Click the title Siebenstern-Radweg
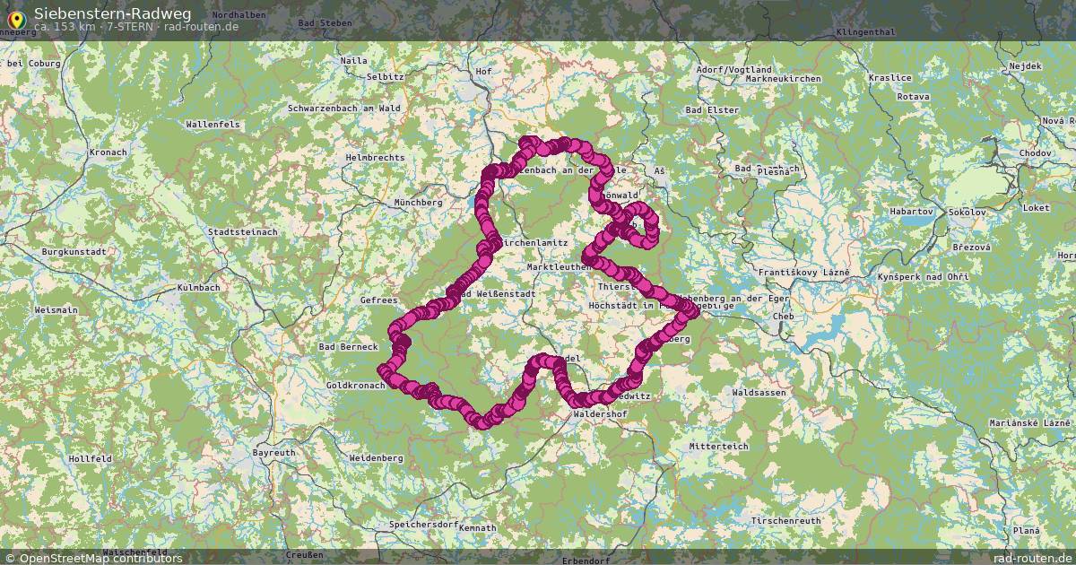click(x=112, y=13)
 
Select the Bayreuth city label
click(x=273, y=453)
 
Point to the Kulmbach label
click(x=200, y=288)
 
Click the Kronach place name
click(x=108, y=152)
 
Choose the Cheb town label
click(x=783, y=316)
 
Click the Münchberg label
click(x=419, y=203)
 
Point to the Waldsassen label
click(x=759, y=393)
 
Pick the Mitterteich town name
click(x=718, y=446)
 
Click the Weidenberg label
click(x=376, y=457)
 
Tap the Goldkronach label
click(x=355, y=385)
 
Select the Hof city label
click(x=484, y=71)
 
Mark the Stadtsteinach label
click(x=242, y=231)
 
